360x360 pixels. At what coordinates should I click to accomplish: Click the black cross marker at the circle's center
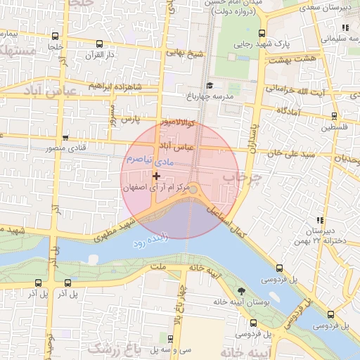pos(155,176)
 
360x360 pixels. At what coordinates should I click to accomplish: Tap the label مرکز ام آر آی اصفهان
pos(155,188)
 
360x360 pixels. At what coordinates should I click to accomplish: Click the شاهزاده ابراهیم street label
pos(115,86)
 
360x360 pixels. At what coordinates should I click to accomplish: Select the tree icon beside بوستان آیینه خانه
pos(242,290)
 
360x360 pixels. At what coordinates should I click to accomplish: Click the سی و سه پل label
pos(175,349)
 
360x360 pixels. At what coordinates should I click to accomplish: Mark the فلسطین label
pos(335,127)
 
